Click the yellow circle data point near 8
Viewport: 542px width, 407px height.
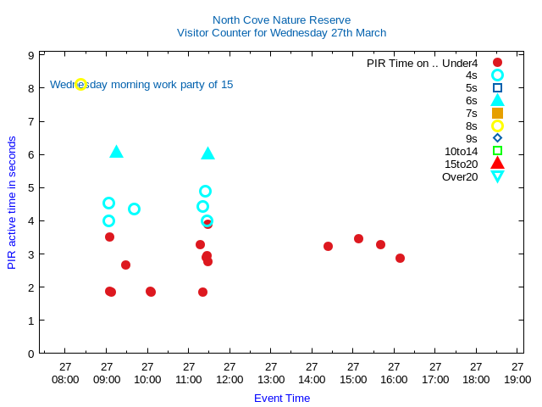pyautogui.click(x=80, y=84)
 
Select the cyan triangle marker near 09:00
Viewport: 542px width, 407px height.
pyautogui.click(x=116, y=152)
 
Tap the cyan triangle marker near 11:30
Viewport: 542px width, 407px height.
pyautogui.click(x=207, y=153)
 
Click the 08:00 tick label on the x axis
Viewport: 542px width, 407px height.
pyautogui.click(x=65, y=379)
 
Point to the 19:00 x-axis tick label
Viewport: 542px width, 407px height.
pyautogui.click(x=517, y=379)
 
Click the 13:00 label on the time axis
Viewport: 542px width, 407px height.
pyautogui.click(x=271, y=379)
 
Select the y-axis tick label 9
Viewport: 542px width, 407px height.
pyautogui.click(x=30, y=55)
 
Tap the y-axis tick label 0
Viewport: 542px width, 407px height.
pyautogui.click(x=30, y=354)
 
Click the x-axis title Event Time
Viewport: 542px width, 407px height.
pyautogui.click(x=282, y=398)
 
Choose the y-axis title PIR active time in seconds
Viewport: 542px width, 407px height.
pyautogui.click(x=12, y=203)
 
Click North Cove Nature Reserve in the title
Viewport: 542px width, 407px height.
pyautogui.click(x=281, y=20)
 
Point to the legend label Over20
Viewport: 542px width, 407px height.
pyautogui.click(x=460, y=176)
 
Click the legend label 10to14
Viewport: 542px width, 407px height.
pyautogui.click(x=461, y=151)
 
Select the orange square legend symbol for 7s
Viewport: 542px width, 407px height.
pyautogui.click(x=497, y=113)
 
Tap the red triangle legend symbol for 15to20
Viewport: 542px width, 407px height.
pyautogui.click(x=497, y=164)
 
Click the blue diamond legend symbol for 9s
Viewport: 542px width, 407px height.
pyautogui.click(x=497, y=138)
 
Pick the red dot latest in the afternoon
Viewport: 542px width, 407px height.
pyautogui.click(x=400, y=258)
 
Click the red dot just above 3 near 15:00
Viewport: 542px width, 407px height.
pyautogui.click(x=358, y=238)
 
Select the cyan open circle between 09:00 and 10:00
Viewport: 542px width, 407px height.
pyautogui.click(x=134, y=209)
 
